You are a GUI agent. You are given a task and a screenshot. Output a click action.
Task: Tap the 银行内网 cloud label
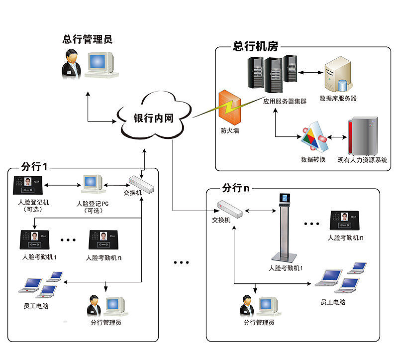pos(153,119)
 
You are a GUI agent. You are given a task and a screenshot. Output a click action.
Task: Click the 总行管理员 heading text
pos(87,39)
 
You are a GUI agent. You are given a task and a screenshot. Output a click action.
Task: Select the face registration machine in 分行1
pos(28,185)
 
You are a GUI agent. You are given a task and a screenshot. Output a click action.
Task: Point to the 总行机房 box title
pos(255,47)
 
